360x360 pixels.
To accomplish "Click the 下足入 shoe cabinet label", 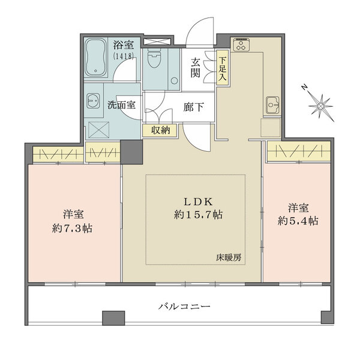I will click(x=223, y=69).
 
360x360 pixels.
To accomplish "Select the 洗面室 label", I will click(x=121, y=104).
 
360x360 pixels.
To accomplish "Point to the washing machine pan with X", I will click(x=94, y=128).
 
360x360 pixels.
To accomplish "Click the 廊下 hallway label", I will click(x=193, y=108).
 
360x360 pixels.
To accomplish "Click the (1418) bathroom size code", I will click(x=122, y=56).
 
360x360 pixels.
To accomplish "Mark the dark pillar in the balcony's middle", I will click(x=111, y=319).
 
